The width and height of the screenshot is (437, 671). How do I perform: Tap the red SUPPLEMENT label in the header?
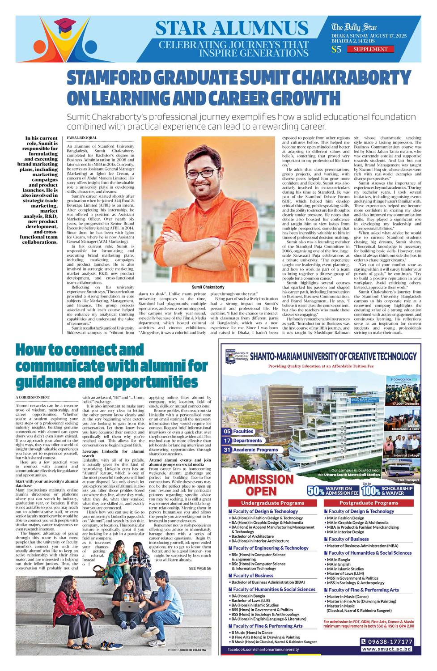[x=370, y=49]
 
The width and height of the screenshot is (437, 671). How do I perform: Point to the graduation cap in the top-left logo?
[x=66, y=25]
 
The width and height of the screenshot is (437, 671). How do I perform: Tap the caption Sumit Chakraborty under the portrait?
[x=208, y=287]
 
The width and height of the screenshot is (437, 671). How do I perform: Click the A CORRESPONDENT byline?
[x=33, y=397]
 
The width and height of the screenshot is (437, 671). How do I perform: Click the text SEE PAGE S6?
[x=200, y=568]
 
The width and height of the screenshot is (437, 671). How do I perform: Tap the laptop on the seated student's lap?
[x=130, y=607]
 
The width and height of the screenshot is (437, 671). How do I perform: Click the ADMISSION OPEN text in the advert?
[x=261, y=485]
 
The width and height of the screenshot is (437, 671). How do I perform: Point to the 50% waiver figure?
[x=316, y=491]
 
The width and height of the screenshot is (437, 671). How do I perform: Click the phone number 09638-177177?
[x=387, y=641]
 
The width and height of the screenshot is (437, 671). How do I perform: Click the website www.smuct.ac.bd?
[x=387, y=649]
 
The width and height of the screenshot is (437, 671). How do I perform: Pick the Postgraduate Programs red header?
[x=369, y=503]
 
